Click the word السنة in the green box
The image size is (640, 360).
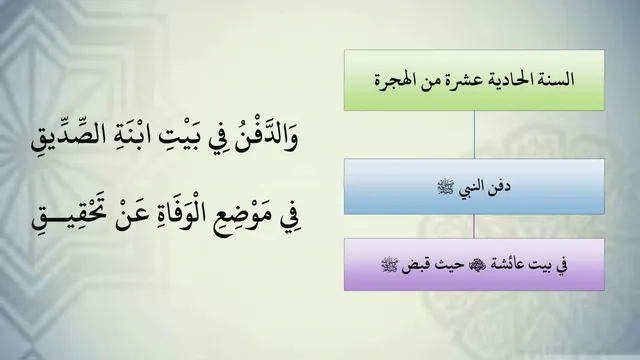(x=559, y=79)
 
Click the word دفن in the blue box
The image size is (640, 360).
(x=500, y=187)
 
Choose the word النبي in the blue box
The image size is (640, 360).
(x=472, y=188)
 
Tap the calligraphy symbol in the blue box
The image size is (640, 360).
(x=446, y=188)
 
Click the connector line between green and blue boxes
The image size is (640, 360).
(x=474, y=134)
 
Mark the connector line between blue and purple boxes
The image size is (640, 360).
(x=474, y=226)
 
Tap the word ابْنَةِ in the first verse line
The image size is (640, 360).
(x=127, y=137)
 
